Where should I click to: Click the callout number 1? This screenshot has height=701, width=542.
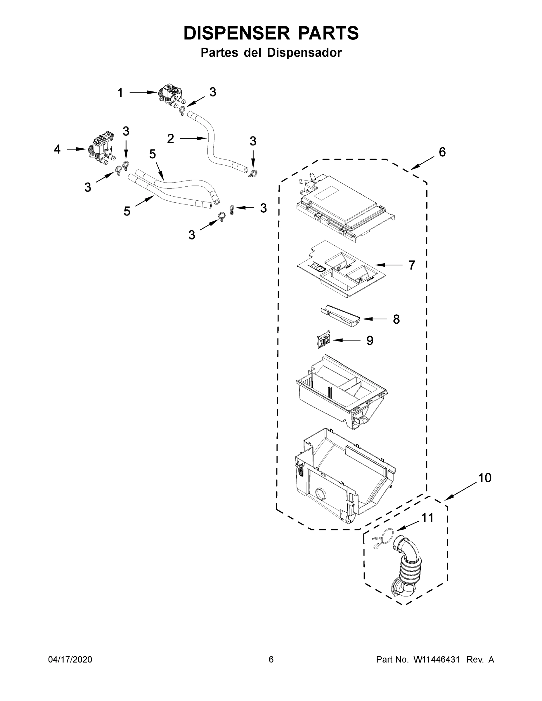coord(120,93)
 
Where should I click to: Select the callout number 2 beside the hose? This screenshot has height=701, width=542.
coord(171,139)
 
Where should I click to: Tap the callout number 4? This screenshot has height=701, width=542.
coord(57,149)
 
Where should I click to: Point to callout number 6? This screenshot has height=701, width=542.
coord(442,152)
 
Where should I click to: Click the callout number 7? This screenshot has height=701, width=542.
coord(412,265)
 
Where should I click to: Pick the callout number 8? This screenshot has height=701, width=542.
coord(396,319)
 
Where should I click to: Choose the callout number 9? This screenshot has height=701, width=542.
coord(370,341)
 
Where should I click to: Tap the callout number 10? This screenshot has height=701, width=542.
coord(485,478)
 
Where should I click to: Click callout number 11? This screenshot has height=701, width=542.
coord(427,518)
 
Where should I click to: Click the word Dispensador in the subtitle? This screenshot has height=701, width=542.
coord(304,53)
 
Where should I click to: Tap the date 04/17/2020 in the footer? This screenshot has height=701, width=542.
coord(70,659)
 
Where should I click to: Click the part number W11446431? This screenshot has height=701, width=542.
coord(437,659)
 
